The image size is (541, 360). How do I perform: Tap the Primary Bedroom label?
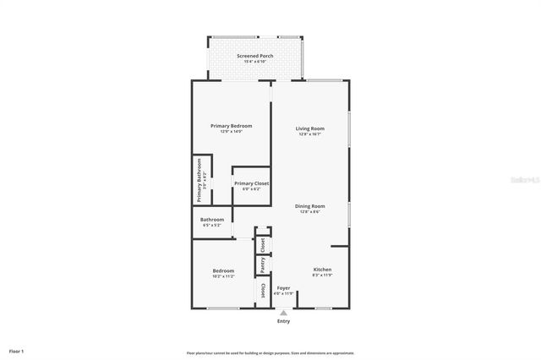coord(231,125)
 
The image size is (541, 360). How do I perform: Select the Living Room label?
coord(309,128)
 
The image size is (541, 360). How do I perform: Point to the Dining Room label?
coord(309,206)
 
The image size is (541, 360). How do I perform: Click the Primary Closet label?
coord(251,183)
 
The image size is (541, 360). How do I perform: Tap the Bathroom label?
coord(212,220)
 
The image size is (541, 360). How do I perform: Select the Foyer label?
coord(283,288)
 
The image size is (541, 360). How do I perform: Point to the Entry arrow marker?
coord(283,313)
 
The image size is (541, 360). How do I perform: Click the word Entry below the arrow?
coord(283,322)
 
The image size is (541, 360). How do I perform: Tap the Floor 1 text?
coord(16,351)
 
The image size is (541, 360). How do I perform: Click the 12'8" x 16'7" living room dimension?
coord(309,134)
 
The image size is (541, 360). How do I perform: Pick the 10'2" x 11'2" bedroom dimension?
coord(223,276)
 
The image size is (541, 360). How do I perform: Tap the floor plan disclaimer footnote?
coord(270,352)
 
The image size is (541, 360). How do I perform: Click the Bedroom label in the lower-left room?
coord(223,270)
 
